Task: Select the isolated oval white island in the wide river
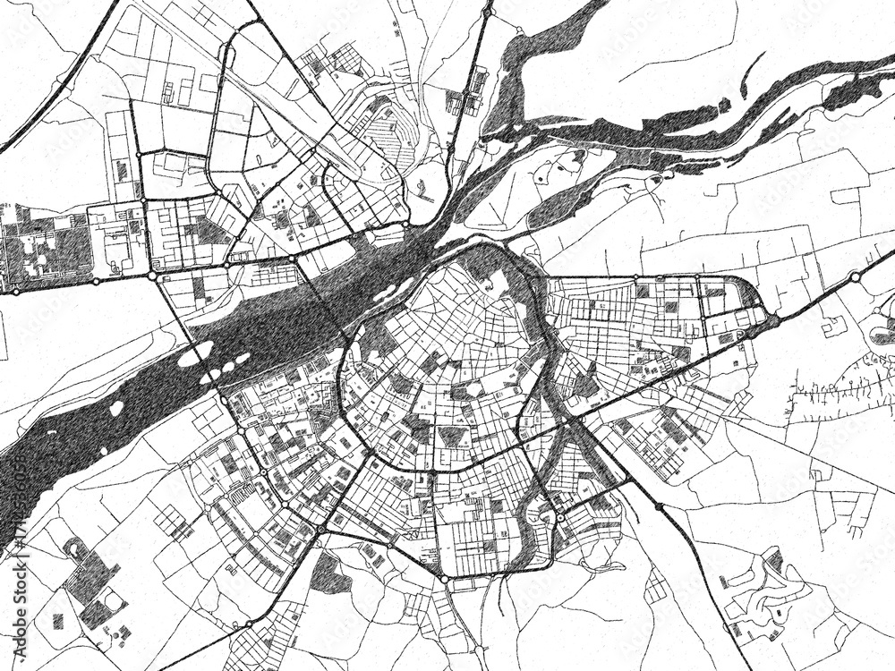pos(116,408)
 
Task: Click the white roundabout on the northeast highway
pos(856,277)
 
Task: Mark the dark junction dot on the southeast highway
pos(660,507)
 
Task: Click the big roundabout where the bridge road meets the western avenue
pos(153,276)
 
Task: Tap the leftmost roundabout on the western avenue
pos(15,290)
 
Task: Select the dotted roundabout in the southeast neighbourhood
pos(560,517)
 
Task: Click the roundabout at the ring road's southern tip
pos(443,580)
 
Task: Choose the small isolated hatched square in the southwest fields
pos(58,620)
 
